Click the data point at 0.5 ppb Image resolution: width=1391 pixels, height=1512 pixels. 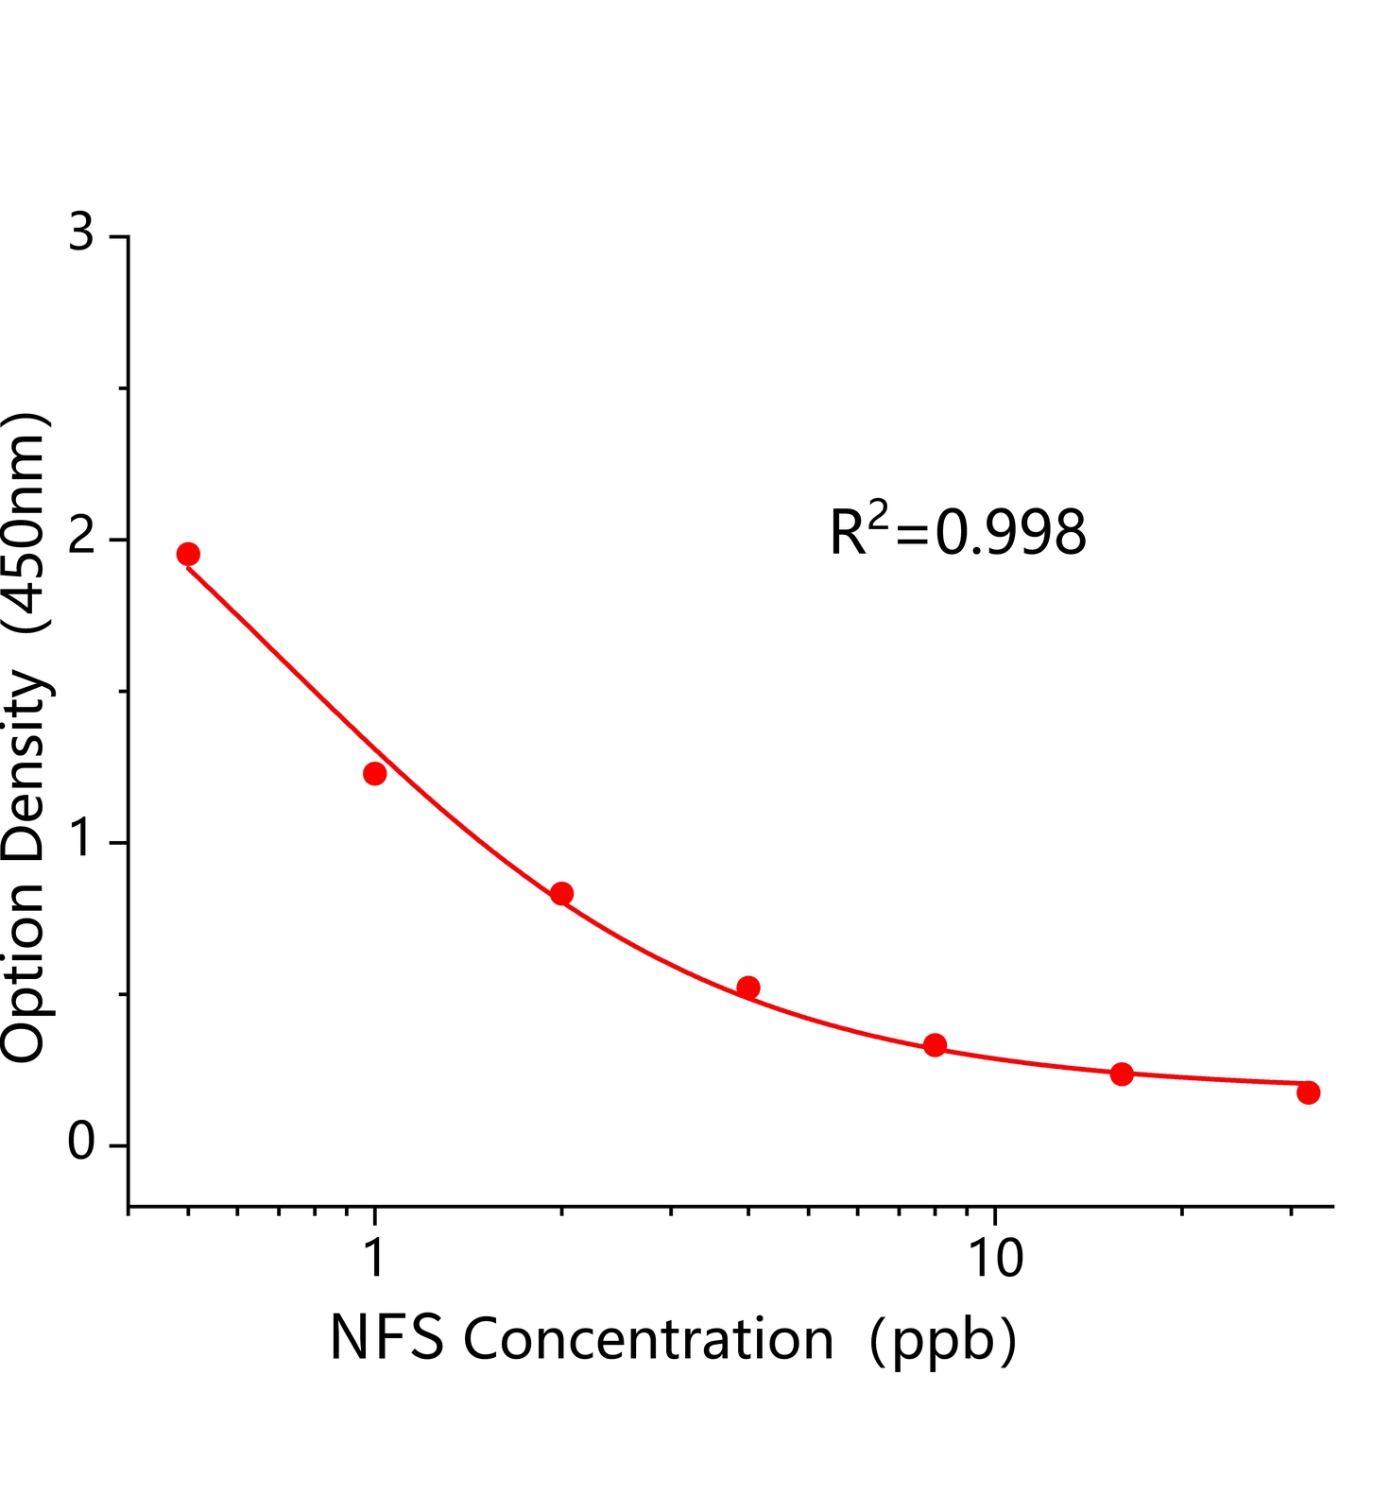188,554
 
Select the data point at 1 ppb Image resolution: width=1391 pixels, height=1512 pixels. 375,773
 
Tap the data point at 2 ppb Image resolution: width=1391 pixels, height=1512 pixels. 561,893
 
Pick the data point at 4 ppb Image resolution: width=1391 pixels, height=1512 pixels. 748,988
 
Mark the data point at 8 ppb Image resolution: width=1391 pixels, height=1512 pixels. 935,1044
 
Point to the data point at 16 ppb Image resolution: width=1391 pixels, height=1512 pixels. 1122,1074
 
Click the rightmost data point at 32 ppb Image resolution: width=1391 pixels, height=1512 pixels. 1308,1092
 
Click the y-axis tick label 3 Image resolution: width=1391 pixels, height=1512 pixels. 82,232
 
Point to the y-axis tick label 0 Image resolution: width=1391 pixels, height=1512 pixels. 82,1143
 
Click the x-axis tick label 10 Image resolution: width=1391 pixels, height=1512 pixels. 994,1259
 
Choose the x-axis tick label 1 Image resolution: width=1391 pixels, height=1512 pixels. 375,1259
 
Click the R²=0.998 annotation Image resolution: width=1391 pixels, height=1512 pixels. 957,531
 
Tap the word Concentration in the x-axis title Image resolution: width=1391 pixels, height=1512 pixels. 647,1339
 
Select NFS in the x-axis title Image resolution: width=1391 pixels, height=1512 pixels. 386,1339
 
